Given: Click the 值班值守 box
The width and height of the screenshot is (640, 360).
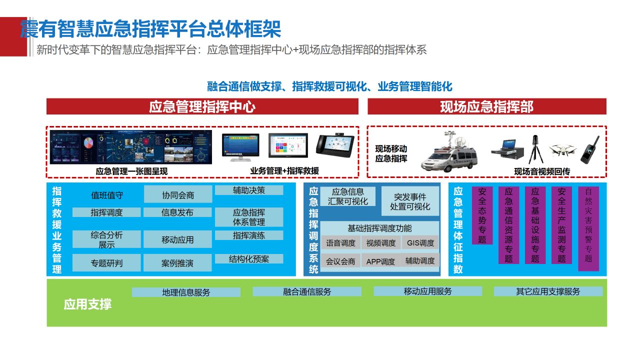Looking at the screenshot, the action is pyautogui.click(x=106, y=195).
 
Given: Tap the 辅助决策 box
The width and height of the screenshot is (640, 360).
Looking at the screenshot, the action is pyautogui.click(x=249, y=190).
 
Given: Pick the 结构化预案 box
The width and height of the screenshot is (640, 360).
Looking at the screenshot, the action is pyautogui.click(x=249, y=259).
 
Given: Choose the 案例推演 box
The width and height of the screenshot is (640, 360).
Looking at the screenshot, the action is pyautogui.click(x=177, y=263).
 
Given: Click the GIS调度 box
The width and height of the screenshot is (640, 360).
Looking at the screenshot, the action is pyautogui.click(x=420, y=243).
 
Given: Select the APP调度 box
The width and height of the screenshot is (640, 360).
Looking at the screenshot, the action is pyautogui.click(x=380, y=261).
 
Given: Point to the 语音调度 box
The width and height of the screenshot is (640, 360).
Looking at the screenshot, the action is pyautogui.click(x=340, y=243).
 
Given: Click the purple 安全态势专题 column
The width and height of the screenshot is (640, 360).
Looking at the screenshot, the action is pyautogui.click(x=482, y=215).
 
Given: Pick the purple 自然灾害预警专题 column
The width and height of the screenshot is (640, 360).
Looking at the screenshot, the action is pyautogui.click(x=588, y=228).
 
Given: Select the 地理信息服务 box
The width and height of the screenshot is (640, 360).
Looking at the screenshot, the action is pyautogui.click(x=186, y=292).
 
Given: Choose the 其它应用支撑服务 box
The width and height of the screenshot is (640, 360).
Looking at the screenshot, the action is pyautogui.click(x=548, y=291).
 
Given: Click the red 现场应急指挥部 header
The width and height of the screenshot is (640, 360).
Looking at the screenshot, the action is pyautogui.click(x=487, y=106).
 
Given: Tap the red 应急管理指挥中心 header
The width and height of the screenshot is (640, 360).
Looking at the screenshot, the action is pyautogui.click(x=202, y=106).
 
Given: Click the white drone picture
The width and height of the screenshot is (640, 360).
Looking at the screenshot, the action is pyautogui.click(x=562, y=150).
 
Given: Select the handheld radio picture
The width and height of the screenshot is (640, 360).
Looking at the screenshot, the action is pyautogui.click(x=589, y=149).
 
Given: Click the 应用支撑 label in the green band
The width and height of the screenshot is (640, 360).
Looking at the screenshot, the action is pyautogui.click(x=87, y=304).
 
